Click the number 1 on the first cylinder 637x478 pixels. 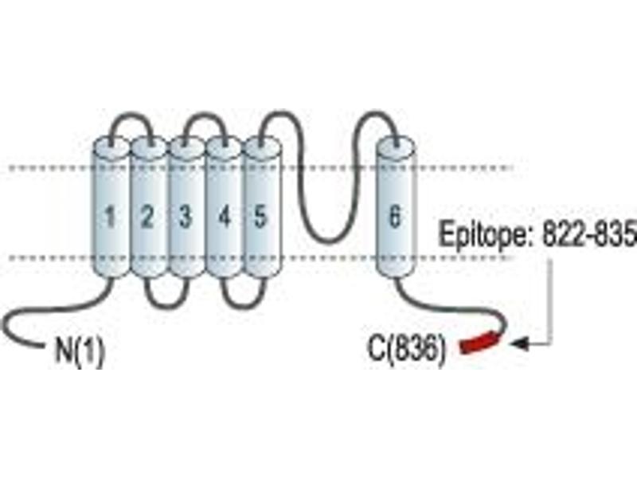click(110, 216)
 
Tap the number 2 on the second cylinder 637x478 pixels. click(147, 216)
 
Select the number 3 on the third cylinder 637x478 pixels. click(185, 216)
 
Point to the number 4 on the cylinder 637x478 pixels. click(224, 216)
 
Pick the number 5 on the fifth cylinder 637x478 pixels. click(260, 216)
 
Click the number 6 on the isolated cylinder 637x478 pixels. click(395, 215)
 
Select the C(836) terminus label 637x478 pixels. click(407, 350)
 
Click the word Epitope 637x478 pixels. click(486, 234)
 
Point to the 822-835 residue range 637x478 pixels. click(588, 233)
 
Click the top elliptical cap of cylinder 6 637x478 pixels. click(395, 147)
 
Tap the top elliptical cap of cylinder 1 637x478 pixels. click(111, 147)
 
